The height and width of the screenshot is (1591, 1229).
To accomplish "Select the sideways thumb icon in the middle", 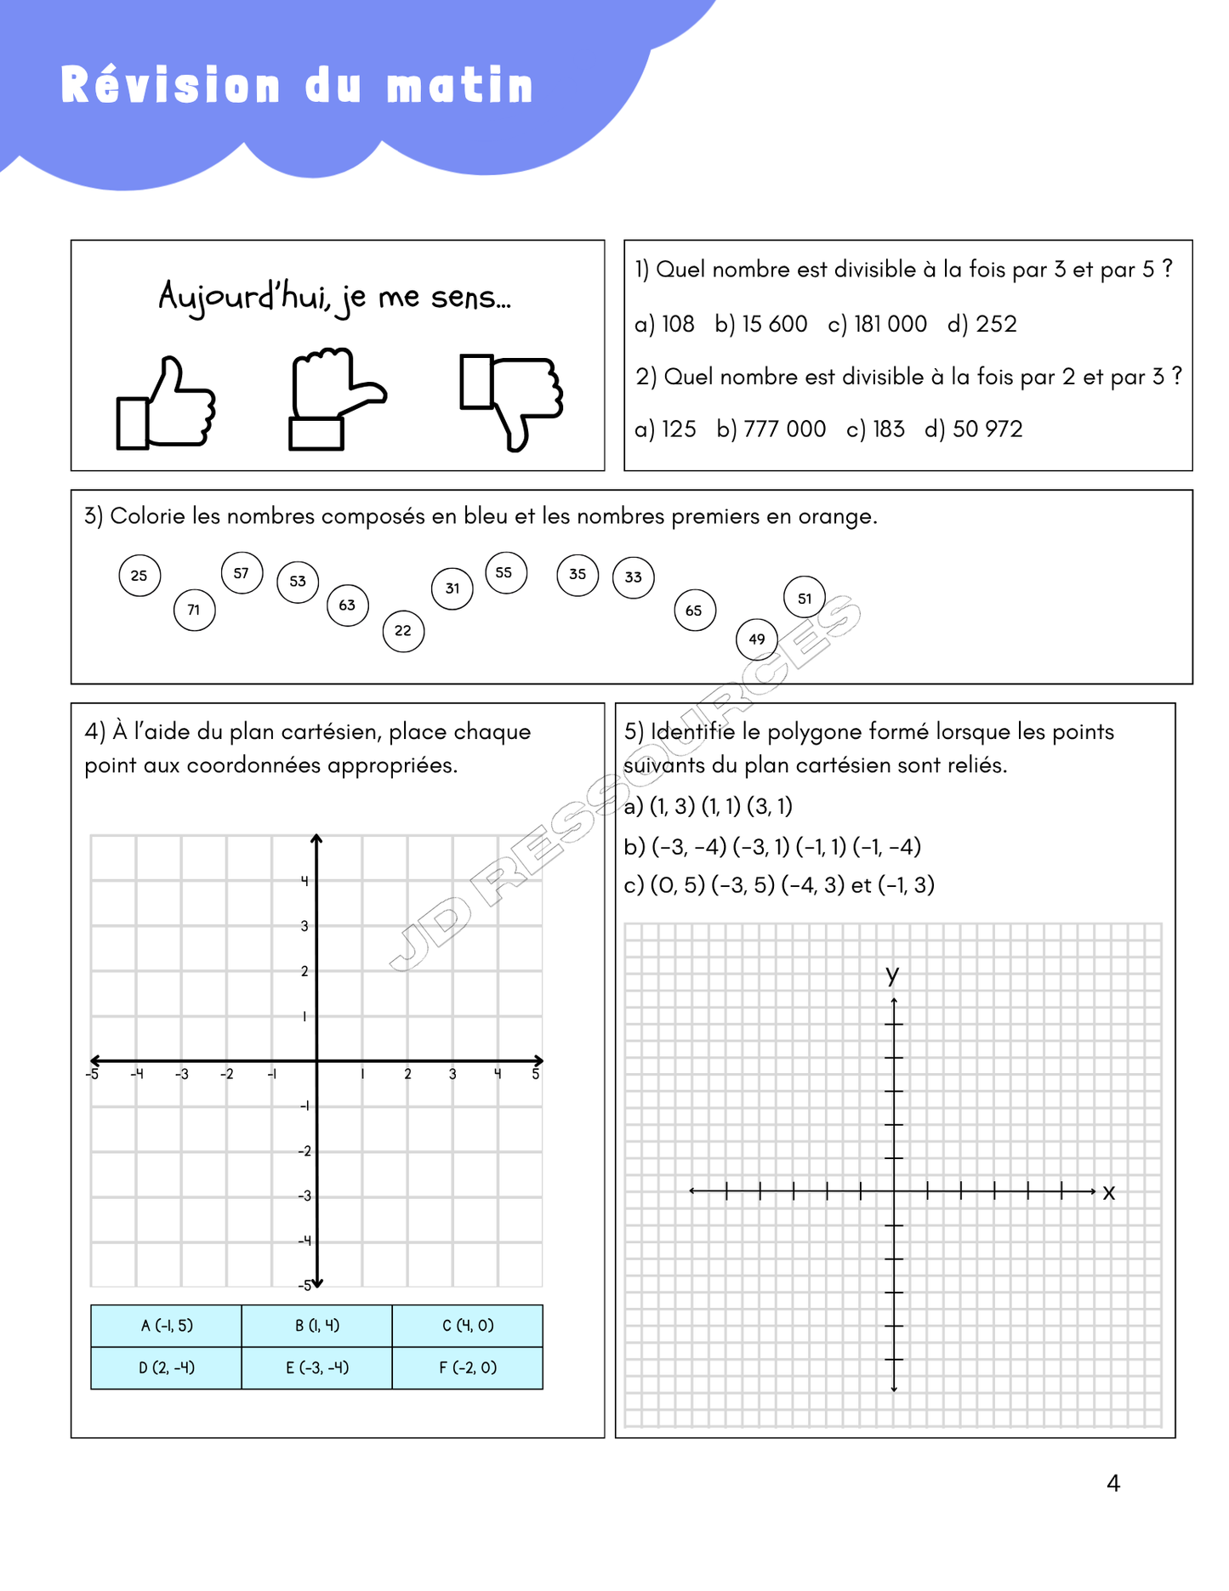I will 334,398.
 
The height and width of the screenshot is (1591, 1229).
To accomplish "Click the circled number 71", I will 194,610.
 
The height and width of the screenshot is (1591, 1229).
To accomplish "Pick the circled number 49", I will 756,639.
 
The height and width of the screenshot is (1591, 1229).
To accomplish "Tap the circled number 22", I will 403,631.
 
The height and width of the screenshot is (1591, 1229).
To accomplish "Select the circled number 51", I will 804,598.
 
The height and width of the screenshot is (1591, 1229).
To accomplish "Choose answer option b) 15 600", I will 761,324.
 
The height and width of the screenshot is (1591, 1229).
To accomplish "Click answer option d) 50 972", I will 974,429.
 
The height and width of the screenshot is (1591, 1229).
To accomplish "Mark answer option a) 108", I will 664,324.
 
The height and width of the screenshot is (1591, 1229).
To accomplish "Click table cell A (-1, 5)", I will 167,1325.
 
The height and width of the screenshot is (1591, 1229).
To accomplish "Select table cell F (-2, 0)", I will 468,1367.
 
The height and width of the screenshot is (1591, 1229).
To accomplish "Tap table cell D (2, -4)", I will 167,1367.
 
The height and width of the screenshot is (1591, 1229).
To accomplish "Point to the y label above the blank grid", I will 892,974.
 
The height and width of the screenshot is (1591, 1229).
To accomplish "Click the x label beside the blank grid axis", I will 1108,1192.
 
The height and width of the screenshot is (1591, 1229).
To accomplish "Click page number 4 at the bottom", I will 1113,1483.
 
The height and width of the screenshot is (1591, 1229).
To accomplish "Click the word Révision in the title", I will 170,86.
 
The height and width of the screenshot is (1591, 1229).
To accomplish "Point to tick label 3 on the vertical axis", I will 304,926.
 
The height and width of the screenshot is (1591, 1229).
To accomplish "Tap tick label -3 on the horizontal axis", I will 181,1075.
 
